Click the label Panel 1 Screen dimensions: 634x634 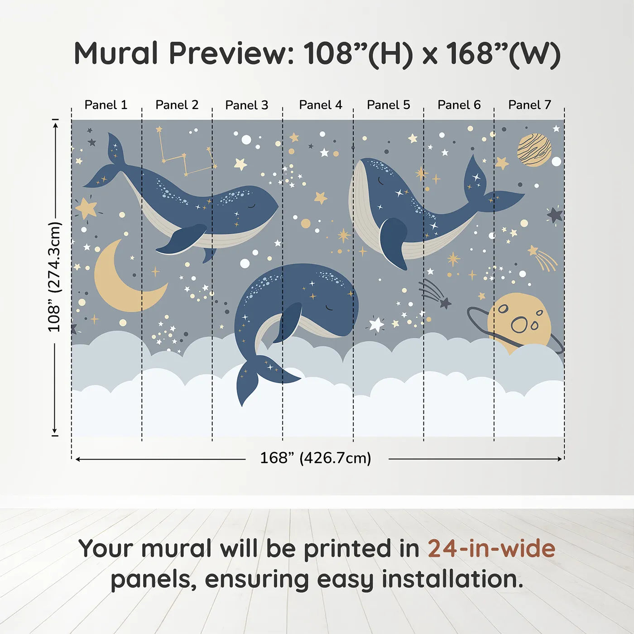(106, 105)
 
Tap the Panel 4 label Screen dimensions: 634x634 (321, 105)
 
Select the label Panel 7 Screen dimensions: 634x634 (529, 105)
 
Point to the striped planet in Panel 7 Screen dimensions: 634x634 (534, 149)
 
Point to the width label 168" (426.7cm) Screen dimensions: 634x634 (316, 458)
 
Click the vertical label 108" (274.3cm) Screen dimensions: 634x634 (54, 277)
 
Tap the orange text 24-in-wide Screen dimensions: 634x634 (491, 548)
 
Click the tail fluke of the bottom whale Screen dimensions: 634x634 (258, 376)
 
